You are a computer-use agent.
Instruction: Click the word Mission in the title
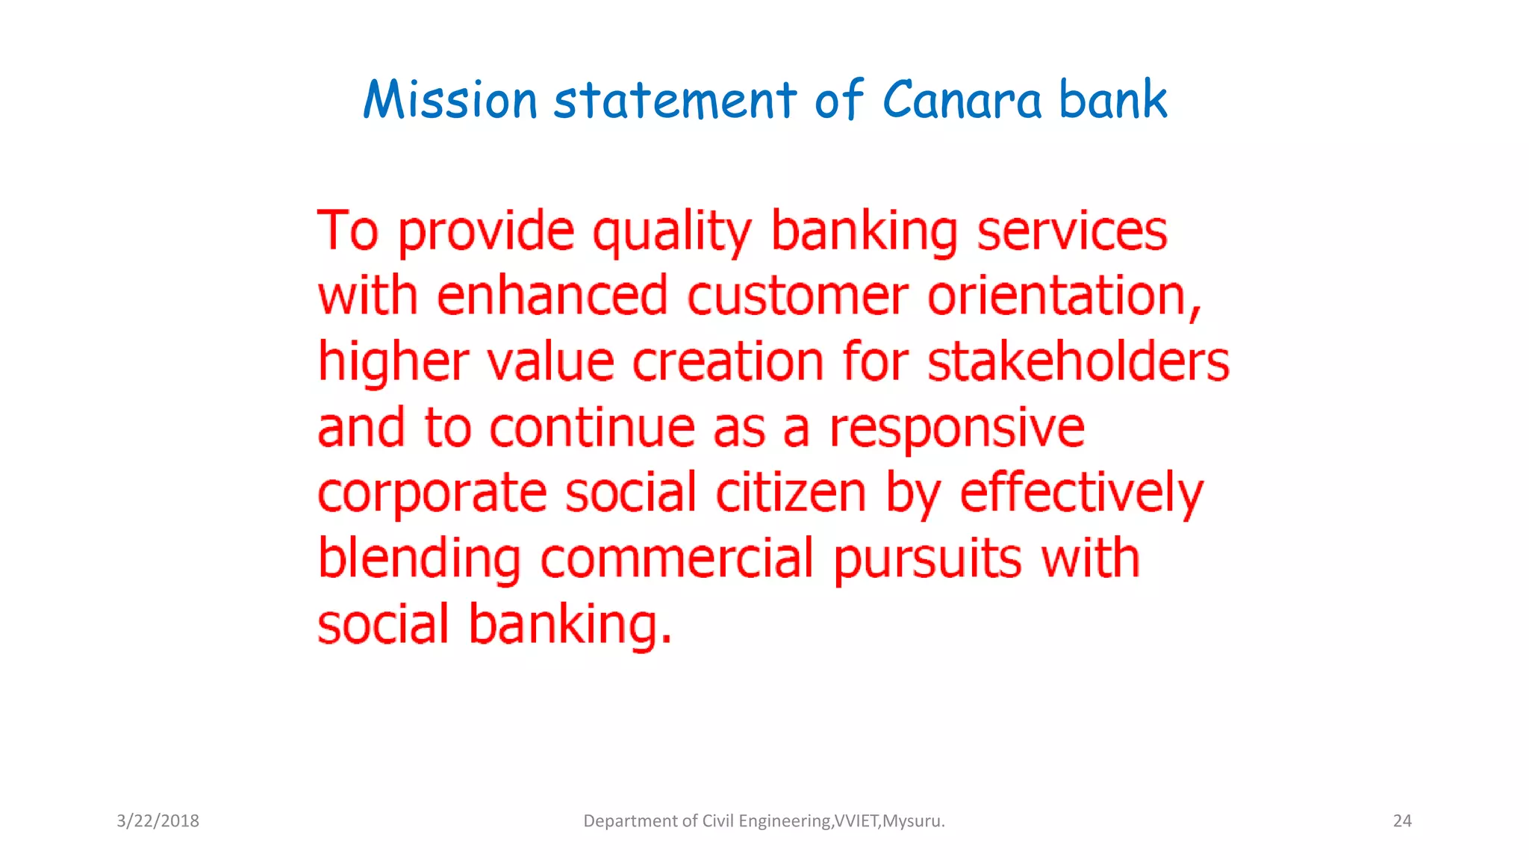tap(450, 100)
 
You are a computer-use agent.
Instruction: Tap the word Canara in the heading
tap(962, 100)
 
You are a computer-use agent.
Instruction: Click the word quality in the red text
tap(672, 231)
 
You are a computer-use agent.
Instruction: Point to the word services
tap(1072, 231)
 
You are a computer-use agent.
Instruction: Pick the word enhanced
tap(552, 296)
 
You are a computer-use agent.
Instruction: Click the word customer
tap(797, 296)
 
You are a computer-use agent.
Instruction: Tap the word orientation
tap(1063, 296)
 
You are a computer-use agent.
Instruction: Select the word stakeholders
tap(1078, 362)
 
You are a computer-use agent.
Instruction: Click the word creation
tap(728, 362)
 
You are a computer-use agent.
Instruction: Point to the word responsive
tap(957, 428)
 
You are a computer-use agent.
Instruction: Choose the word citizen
tap(791, 493)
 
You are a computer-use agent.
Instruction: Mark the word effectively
tap(1081, 493)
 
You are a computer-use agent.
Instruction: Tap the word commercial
tap(676, 559)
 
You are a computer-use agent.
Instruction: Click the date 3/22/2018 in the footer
tap(158, 821)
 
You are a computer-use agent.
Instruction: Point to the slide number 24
tap(1402, 821)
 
